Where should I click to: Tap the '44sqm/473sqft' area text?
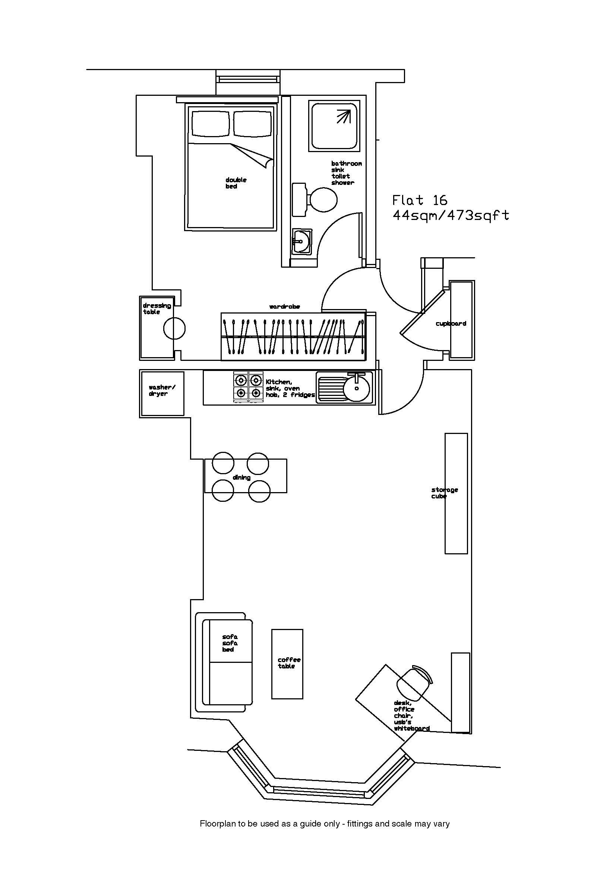pyautogui.click(x=451, y=216)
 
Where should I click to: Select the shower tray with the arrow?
pyautogui.click(x=334, y=125)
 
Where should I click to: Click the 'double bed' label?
pyautogui.click(x=236, y=183)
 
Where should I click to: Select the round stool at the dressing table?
pyautogui.click(x=174, y=328)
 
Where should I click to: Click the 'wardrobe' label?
pyautogui.click(x=284, y=306)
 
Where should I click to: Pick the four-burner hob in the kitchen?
pyautogui.click(x=248, y=386)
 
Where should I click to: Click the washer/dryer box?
pyautogui.click(x=162, y=393)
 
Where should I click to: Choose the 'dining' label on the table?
pyautogui.click(x=241, y=478)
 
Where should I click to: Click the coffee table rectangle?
pyautogui.click(x=287, y=664)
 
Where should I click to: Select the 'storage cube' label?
pyautogui.click(x=445, y=493)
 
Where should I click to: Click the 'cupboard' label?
pyautogui.click(x=451, y=324)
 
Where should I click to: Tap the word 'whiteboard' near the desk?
pyautogui.click(x=411, y=728)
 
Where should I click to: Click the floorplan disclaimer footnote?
pyautogui.click(x=325, y=834)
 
